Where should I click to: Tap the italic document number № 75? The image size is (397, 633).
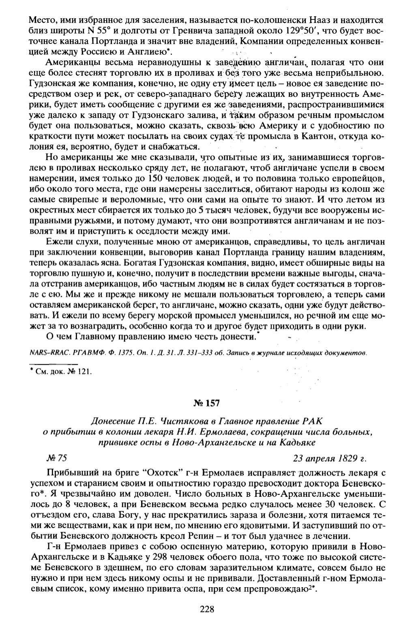pyautogui.click(x=56, y=458)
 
